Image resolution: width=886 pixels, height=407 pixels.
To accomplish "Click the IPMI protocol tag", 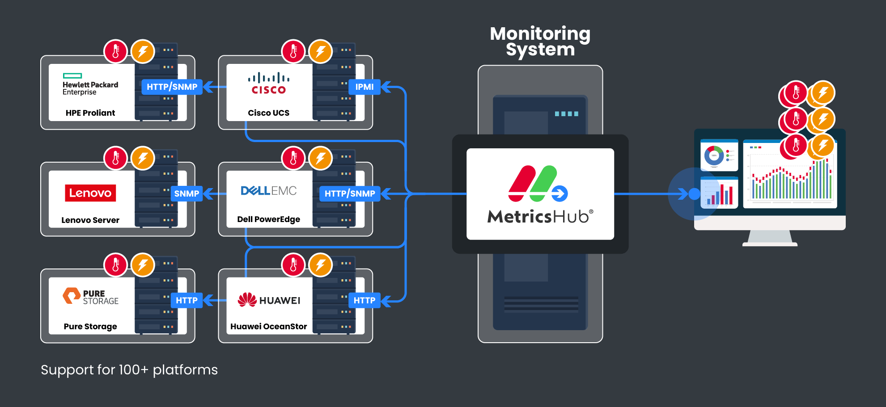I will coord(364,87).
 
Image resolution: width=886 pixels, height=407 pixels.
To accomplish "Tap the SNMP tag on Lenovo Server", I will coord(187,194).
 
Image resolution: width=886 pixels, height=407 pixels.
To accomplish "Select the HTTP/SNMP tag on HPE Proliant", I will coord(172,87).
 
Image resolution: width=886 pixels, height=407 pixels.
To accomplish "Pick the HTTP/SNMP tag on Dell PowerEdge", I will coord(350,194).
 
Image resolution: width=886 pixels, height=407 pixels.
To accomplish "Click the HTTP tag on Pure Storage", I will coord(187,301).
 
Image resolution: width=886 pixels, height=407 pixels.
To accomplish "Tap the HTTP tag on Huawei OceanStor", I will coord(364,301).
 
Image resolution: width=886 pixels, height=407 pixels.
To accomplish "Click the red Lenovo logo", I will coord(90,193).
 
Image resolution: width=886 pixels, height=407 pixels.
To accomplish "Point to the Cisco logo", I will coord(268,84).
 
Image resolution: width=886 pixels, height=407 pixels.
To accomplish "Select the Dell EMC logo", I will coord(268,191).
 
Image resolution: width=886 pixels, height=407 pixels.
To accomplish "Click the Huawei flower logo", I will coord(247,300).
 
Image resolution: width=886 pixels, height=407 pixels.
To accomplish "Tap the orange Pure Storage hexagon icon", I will coord(71,296).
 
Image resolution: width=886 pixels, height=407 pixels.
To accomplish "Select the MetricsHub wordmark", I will coord(540,217).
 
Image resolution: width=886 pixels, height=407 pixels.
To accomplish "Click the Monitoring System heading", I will coord(540,42).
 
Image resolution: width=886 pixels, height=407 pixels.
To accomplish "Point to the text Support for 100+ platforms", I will coord(129,370).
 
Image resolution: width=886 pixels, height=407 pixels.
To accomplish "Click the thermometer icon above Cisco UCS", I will coord(293,51).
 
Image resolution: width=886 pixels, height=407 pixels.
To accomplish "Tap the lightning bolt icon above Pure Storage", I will coord(143,265).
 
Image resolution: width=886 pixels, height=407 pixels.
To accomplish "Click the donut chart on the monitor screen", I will coord(714,155).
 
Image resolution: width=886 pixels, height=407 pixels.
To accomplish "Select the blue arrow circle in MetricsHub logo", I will coord(560,193).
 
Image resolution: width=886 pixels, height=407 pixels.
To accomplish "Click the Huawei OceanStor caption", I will coord(268,327).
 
